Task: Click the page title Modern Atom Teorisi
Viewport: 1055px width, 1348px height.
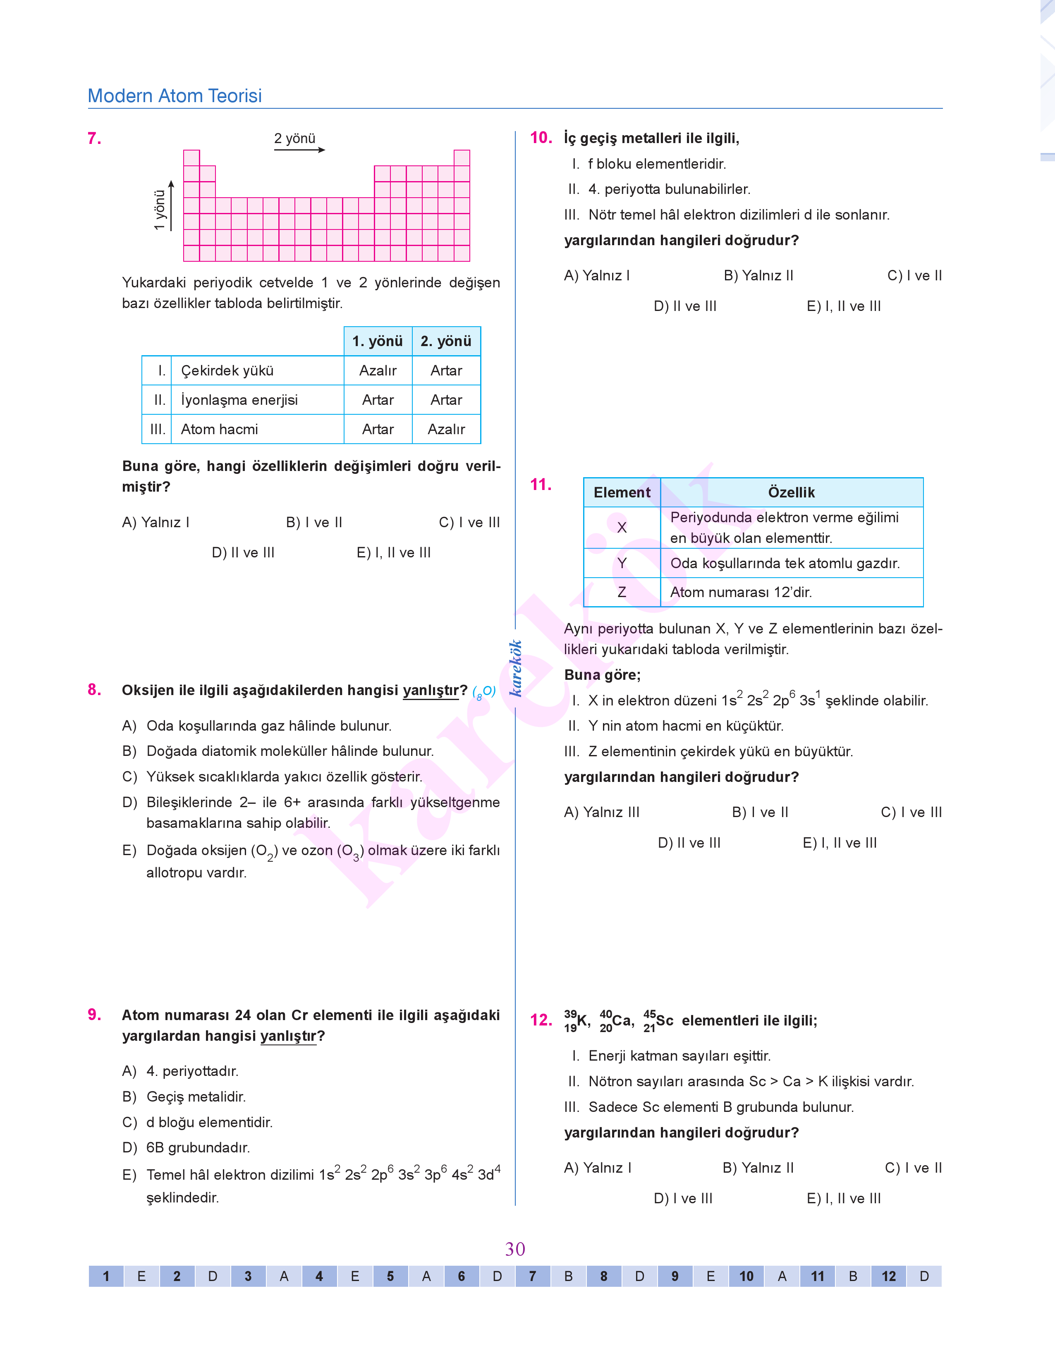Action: pos(175,96)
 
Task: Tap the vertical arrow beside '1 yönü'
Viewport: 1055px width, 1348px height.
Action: pos(171,206)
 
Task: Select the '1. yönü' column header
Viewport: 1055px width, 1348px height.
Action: pos(378,341)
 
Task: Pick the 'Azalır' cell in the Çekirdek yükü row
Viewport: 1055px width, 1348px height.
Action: pos(378,370)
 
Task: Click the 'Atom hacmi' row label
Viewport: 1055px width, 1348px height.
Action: pos(219,429)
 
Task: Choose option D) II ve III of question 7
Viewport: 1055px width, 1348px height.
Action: pos(243,553)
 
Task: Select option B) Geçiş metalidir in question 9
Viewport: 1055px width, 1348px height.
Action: pos(184,1097)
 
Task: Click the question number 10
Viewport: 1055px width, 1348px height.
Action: pos(541,138)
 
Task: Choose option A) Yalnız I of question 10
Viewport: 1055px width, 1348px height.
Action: pos(597,275)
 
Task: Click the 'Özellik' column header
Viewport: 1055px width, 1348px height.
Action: pos(791,492)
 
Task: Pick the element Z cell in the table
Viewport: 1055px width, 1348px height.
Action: pos(622,592)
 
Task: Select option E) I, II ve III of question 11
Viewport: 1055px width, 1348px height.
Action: pos(840,843)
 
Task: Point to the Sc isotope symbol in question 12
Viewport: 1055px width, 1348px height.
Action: pos(658,1021)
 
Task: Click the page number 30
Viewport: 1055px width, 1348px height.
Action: pos(515,1249)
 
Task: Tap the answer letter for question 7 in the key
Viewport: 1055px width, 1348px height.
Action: pos(568,1276)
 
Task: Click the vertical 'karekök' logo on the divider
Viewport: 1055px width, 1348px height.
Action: pos(515,668)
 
